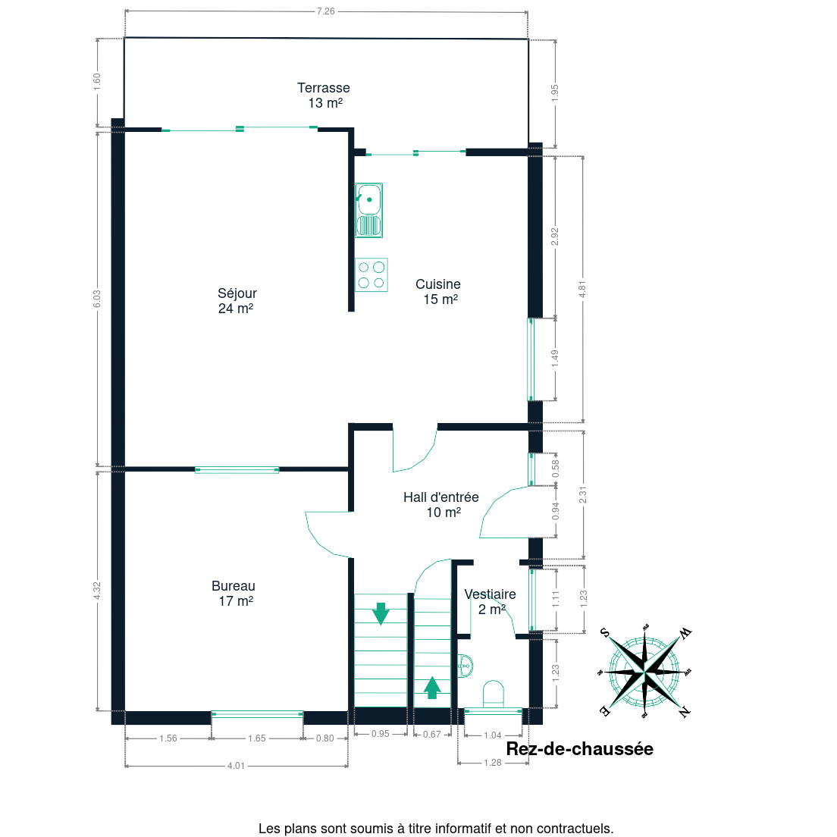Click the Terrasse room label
[324, 95]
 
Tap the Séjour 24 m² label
[237, 300]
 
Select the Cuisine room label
[438, 291]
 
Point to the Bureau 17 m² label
[234, 593]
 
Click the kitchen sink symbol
[369, 210]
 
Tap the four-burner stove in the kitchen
[371, 275]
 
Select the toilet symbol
[494, 694]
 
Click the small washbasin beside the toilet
[465, 666]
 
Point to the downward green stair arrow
[381, 613]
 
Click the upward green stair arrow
[432, 688]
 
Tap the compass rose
[645, 671]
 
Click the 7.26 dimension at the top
[325, 11]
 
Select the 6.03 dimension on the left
[96, 299]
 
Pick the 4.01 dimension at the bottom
[236, 766]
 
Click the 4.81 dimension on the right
[582, 290]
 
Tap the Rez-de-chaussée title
[580, 748]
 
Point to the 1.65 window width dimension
[257, 738]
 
